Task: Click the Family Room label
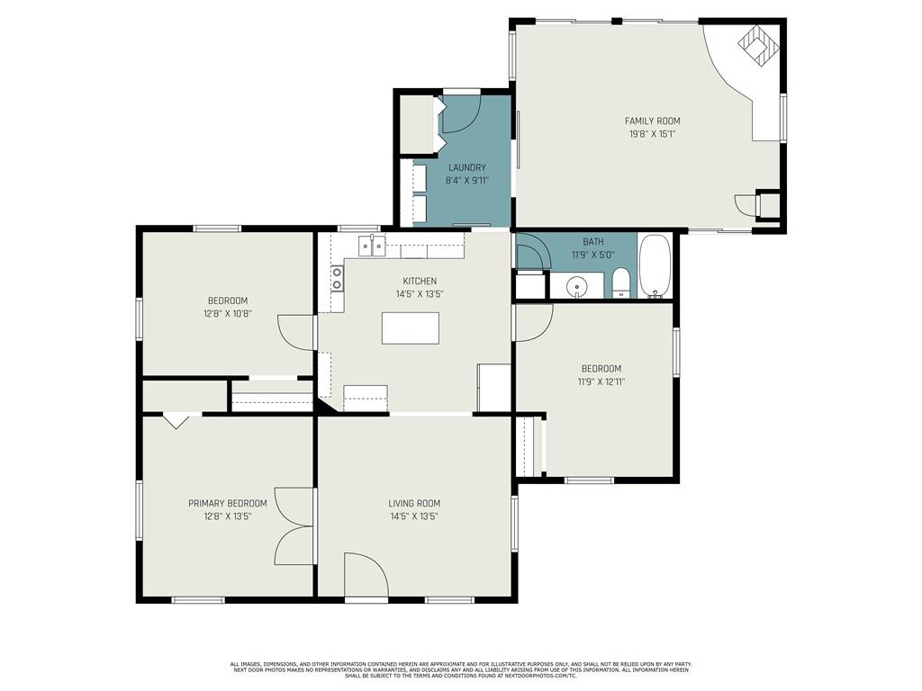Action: [x=652, y=121]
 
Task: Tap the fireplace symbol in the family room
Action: [x=758, y=45]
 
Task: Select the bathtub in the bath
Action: [x=654, y=266]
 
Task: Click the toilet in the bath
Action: [x=621, y=283]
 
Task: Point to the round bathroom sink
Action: [x=577, y=287]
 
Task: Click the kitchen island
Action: [x=411, y=328]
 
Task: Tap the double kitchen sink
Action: [x=372, y=245]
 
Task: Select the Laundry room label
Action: [x=467, y=167]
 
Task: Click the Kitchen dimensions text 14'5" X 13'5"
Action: [x=420, y=294]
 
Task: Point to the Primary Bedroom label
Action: [x=228, y=504]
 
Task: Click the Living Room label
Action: [x=414, y=504]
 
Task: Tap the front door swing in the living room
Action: [x=366, y=574]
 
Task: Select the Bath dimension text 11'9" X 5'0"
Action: [x=593, y=255]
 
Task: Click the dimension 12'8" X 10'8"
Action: [x=228, y=314]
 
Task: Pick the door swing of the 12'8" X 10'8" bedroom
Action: [x=295, y=333]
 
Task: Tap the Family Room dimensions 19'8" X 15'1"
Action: [x=652, y=134]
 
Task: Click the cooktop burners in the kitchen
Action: [x=337, y=279]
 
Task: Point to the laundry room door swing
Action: [x=461, y=112]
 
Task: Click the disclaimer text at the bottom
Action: [x=461, y=669]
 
